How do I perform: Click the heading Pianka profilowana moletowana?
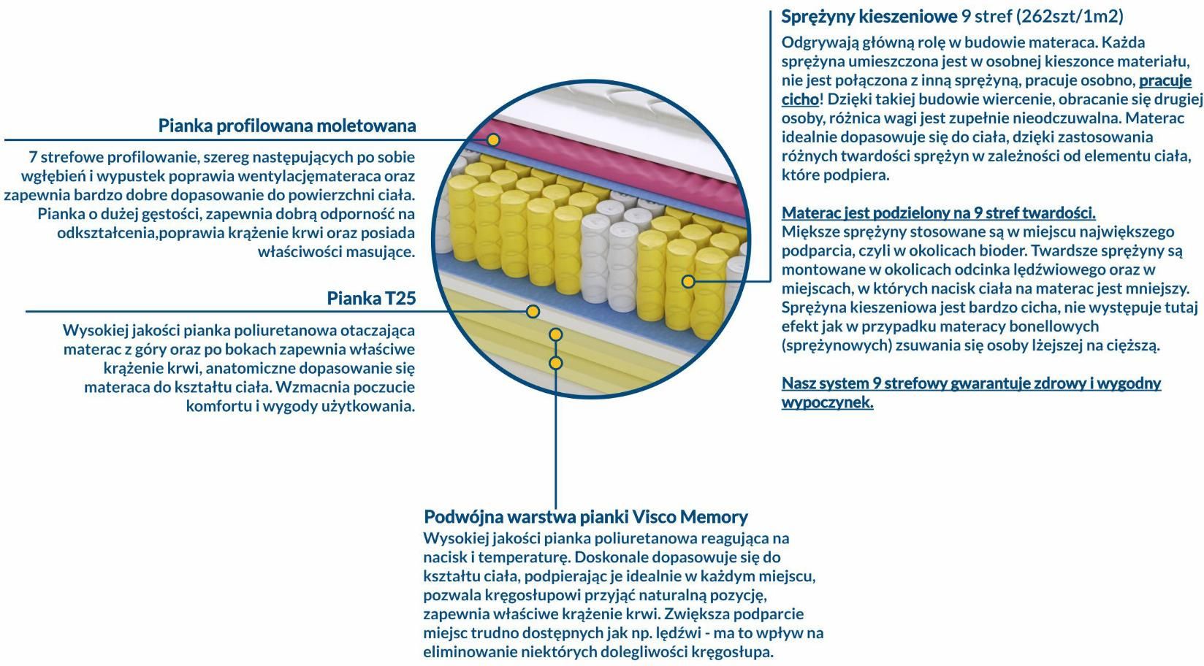tap(287, 126)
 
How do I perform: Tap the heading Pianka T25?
tap(371, 298)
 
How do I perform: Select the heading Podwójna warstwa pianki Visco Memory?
tap(586, 517)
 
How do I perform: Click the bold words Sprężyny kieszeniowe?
tap(869, 18)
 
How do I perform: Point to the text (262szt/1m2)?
tap(1070, 18)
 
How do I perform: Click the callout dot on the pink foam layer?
tap(493, 140)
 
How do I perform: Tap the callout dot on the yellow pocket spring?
tap(688, 281)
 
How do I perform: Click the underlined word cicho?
tap(800, 99)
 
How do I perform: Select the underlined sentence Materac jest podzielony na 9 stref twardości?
tap(939, 213)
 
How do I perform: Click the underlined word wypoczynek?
tap(827, 402)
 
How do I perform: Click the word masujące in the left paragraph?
tap(381, 253)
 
